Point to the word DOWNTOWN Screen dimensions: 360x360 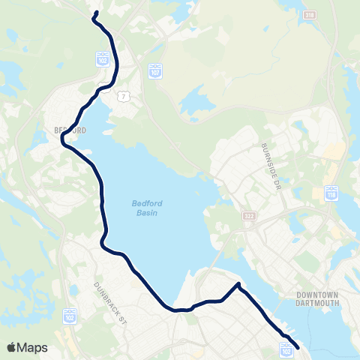coord(318,294)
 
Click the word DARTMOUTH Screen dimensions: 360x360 coord(318,303)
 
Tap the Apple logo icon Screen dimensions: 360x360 coord(12,347)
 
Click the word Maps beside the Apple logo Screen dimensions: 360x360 coord(34,347)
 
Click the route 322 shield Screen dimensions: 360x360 coord(249,216)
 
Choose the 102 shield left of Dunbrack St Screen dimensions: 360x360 coord(68,313)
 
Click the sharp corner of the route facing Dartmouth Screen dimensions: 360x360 coord(238,284)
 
